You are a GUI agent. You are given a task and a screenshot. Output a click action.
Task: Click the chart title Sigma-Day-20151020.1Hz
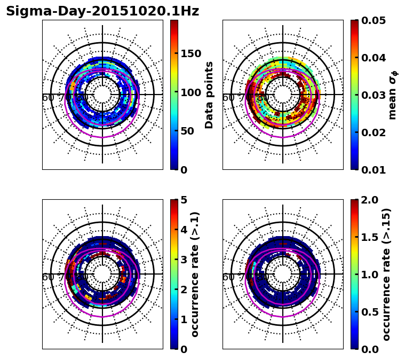(x=102, y=11)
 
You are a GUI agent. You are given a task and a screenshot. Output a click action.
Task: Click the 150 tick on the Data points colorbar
(x=191, y=53)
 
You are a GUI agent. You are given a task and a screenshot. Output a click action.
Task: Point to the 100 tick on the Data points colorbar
(x=191, y=92)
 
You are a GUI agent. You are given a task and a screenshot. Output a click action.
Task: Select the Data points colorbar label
(x=209, y=95)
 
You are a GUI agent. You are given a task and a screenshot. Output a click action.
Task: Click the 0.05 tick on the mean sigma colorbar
(x=374, y=20)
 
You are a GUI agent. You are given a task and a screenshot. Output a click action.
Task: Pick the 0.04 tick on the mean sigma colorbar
(x=374, y=58)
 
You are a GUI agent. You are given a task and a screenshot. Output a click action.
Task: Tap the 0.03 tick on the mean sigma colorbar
(x=374, y=95)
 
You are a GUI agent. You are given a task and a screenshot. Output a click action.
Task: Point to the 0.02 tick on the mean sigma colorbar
(x=374, y=132)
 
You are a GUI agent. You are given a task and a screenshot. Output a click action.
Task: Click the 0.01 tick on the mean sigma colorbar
(x=374, y=170)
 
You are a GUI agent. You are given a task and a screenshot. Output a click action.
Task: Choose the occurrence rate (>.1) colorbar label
(x=195, y=275)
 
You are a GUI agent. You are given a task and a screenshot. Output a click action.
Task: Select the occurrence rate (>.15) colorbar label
(x=386, y=275)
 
